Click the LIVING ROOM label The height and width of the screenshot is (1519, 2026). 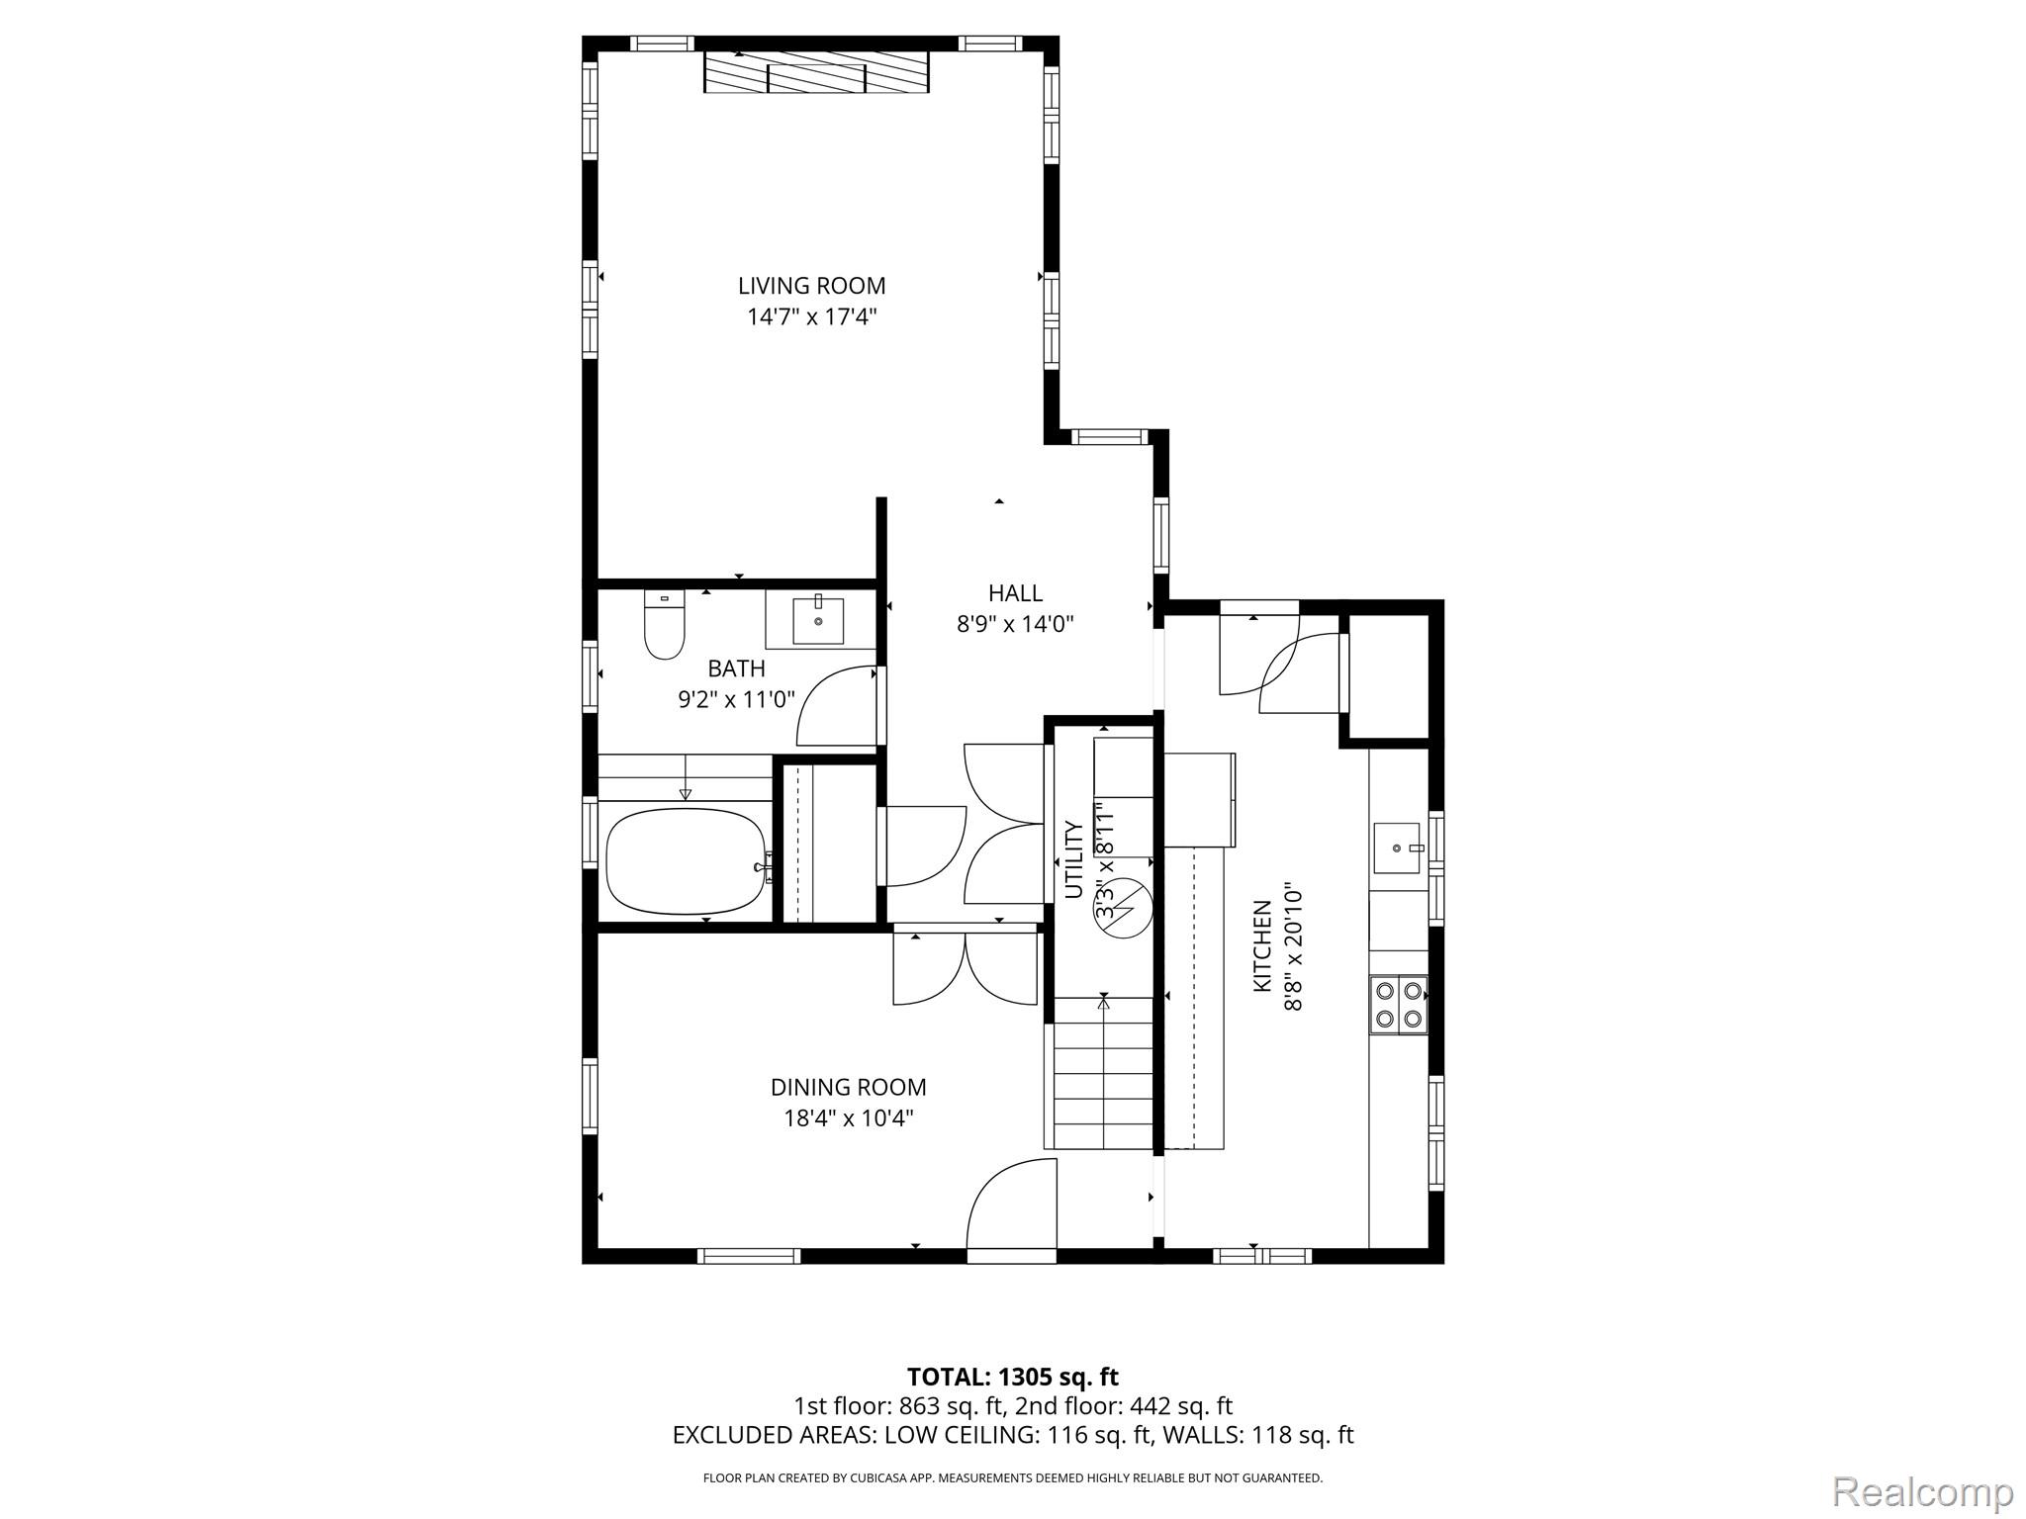coord(811,286)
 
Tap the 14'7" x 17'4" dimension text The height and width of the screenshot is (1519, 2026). coord(811,317)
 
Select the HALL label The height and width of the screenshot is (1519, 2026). coord(1015,592)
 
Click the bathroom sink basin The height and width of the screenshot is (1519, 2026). coord(818,620)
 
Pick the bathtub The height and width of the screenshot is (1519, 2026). coord(688,860)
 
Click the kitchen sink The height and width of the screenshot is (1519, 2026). coord(1396,848)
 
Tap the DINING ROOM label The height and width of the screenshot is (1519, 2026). coord(848,1087)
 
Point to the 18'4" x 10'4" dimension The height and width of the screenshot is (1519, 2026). coord(848,1118)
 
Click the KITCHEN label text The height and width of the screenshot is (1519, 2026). coord(1261,945)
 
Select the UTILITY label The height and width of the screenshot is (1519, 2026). coord(1073,859)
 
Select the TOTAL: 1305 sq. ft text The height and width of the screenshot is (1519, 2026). coord(1012,1377)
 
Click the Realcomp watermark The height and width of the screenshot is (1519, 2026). coord(1922,1491)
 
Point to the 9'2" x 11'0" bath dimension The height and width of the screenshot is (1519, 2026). coord(736,700)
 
